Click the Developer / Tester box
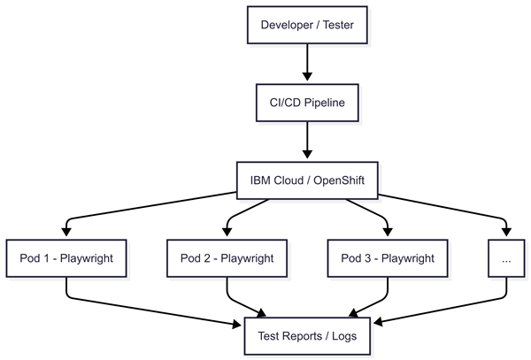point(307,26)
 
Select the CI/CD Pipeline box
point(307,103)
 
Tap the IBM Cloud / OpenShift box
point(307,181)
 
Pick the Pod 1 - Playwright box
point(66,259)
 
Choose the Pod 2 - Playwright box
point(227,259)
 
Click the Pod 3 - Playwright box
point(388,259)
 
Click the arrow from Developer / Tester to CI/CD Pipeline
point(307,63)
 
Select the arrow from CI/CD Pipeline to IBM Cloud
point(307,141)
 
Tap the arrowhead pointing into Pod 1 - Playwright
point(66,233)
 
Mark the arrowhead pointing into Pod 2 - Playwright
point(227,233)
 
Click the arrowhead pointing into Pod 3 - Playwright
point(388,233)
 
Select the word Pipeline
point(327,103)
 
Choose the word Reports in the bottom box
point(308,337)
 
